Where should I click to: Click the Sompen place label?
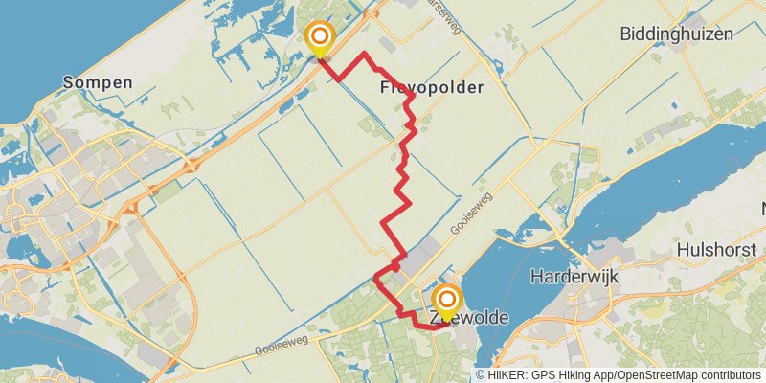point(98,82)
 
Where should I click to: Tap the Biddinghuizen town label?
point(676,34)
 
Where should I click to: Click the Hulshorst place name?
point(716,249)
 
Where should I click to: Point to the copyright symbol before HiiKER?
point(481,375)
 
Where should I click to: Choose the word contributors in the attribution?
point(730,375)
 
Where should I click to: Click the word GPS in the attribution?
point(540,375)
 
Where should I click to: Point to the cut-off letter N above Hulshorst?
point(763,209)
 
